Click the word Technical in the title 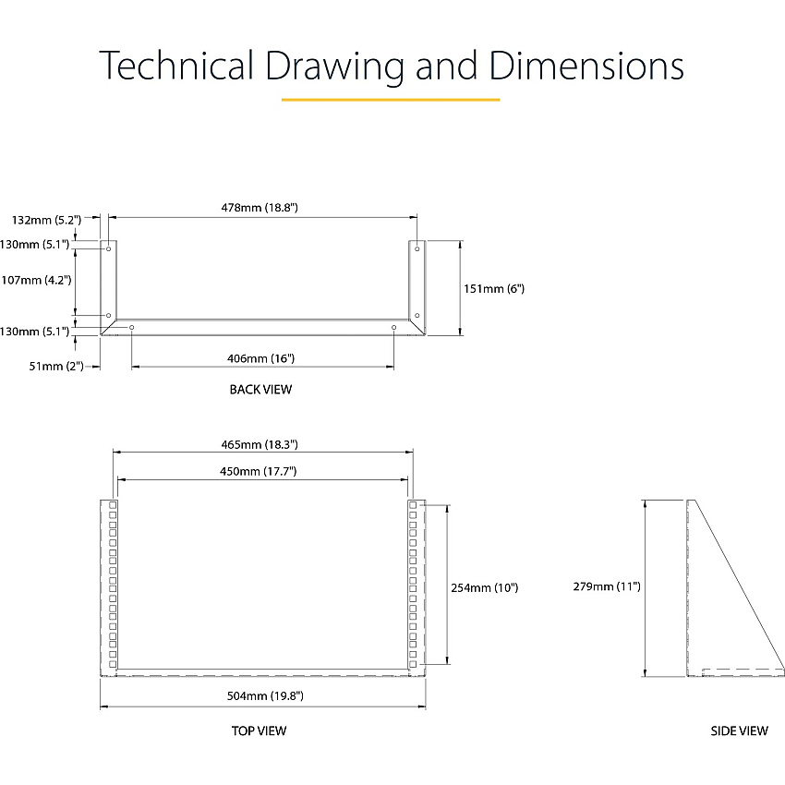point(176,65)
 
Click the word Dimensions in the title point(586,65)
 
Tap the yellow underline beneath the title point(391,100)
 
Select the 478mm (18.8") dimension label point(260,207)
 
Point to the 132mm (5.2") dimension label point(46,220)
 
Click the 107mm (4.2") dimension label point(36,280)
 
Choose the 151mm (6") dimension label point(494,288)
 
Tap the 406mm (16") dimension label point(260,358)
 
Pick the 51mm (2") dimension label point(56,366)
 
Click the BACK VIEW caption point(260,389)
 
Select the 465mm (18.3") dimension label point(260,444)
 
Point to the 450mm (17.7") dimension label point(259,471)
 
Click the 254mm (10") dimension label point(485,587)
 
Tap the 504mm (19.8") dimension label point(265,695)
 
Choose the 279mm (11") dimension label point(607,586)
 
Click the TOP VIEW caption point(259,731)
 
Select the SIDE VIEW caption point(739,731)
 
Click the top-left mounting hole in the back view point(109,248)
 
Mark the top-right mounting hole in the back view point(417,248)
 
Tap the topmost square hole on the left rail point(113,505)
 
